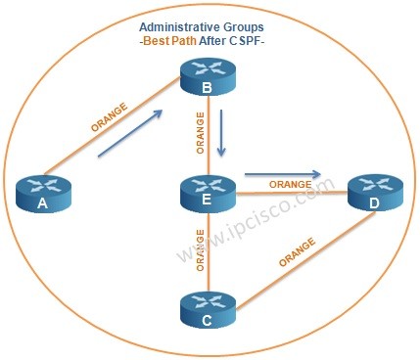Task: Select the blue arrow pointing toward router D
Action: [284, 175]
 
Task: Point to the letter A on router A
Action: [42, 203]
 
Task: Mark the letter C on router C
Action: [208, 320]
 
